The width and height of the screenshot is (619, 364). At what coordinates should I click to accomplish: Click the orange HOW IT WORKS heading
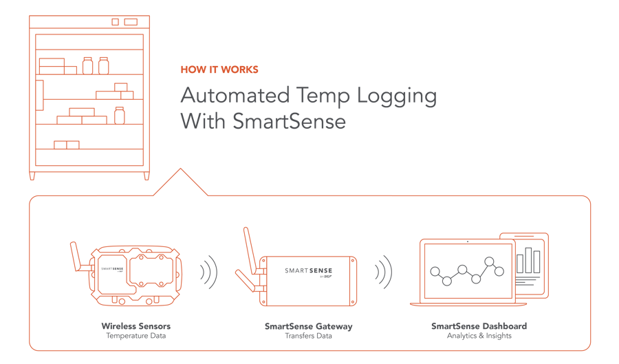click(x=219, y=70)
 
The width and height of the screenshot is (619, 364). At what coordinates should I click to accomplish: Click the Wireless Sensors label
click(x=136, y=325)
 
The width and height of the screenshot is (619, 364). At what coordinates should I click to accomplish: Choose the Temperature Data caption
click(x=136, y=336)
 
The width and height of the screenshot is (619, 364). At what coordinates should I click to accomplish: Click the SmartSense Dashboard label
click(x=479, y=325)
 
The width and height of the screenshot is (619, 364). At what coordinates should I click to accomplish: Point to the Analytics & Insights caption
click(x=479, y=336)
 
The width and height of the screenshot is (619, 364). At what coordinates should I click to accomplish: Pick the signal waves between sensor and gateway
click(x=208, y=273)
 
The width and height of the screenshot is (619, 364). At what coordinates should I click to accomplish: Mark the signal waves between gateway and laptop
click(x=383, y=273)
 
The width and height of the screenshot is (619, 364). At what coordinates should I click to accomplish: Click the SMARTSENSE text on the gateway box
click(x=308, y=271)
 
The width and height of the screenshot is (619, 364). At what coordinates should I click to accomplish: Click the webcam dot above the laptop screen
click(x=467, y=242)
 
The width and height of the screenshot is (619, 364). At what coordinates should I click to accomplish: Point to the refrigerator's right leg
click(x=146, y=175)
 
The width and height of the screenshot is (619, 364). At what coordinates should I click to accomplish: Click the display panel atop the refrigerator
click(x=130, y=22)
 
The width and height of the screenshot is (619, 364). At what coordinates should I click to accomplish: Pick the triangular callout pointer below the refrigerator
click(x=180, y=182)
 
